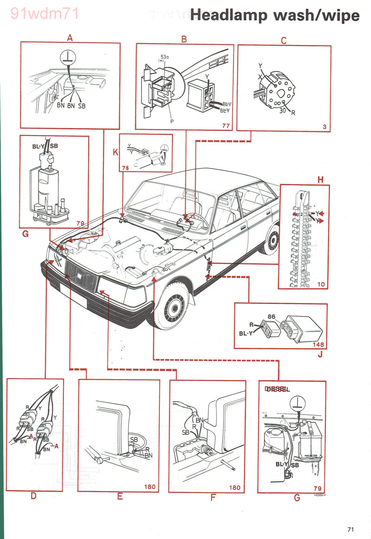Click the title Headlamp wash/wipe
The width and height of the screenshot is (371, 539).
click(275, 15)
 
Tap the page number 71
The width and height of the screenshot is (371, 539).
click(351, 529)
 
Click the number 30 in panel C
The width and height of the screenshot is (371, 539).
click(282, 110)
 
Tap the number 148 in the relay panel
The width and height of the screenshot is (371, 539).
click(319, 345)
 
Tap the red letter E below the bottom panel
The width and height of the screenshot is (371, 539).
click(120, 497)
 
